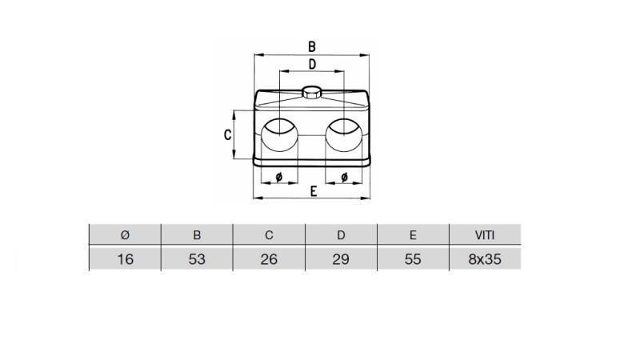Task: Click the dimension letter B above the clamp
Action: [x=312, y=46]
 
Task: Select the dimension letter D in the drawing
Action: [x=312, y=64]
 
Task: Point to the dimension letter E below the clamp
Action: [x=314, y=190]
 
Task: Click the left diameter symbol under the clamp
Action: [x=278, y=176]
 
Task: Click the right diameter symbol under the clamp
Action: [x=344, y=176]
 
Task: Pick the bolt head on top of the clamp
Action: [x=312, y=92]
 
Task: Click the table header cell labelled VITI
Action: [x=485, y=235]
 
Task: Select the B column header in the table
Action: [x=197, y=235]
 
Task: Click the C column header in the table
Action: [x=269, y=235]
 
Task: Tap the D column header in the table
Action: [x=341, y=235]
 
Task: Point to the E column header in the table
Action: [x=413, y=235]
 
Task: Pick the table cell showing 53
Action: [x=197, y=259]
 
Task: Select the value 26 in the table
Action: [x=269, y=259]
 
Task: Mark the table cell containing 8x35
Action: [x=485, y=259]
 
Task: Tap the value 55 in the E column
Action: [x=413, y=259]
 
